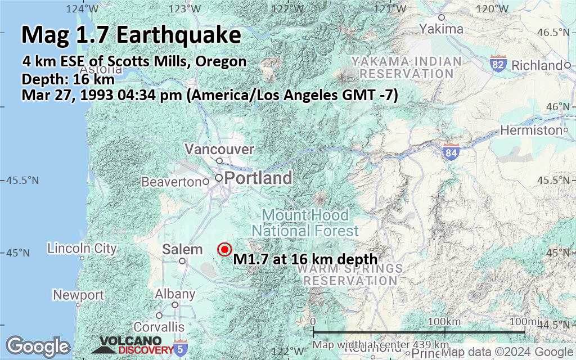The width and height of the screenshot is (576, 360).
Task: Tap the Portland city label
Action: [x=258, y=179]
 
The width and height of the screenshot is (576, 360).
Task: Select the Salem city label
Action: [x=182, y=249]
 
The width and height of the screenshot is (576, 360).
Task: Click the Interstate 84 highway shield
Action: [x=451, y=152]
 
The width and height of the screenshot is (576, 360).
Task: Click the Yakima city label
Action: [x=441, y=29]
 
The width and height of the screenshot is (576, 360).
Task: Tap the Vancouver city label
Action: [x=219, y=150]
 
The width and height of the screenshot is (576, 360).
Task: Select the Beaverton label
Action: [x=171, y=182]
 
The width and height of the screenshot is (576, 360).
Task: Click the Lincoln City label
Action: [x=82, y=248]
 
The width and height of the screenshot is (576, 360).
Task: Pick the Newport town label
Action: [x=78, y=295]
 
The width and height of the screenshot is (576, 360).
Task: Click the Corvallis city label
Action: [x=159, y=327]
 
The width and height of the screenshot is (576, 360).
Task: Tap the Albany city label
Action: [x=175, y=294]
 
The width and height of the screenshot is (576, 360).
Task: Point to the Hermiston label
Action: [x=532, y=130]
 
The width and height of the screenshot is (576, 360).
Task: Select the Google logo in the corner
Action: [x=38, y=346]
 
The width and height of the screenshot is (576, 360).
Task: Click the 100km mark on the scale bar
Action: [x=444, y=321]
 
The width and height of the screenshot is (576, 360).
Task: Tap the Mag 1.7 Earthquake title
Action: [x=131, y=35]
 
